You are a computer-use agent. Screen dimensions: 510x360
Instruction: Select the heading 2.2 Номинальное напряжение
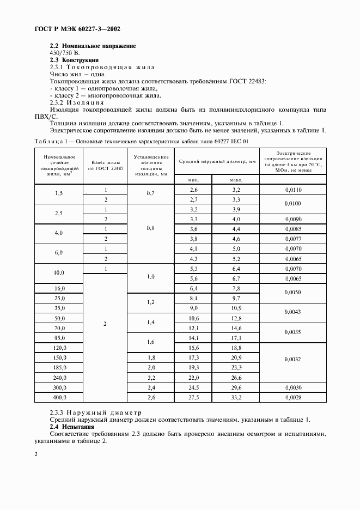93,46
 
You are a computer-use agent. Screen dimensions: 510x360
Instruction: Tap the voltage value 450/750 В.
64,53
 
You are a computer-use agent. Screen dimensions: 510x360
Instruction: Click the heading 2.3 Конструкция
74,60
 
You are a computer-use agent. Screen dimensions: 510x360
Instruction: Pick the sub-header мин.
193,180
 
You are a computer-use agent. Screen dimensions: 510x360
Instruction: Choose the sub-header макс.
236,180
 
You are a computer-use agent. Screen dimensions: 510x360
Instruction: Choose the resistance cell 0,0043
293,312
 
